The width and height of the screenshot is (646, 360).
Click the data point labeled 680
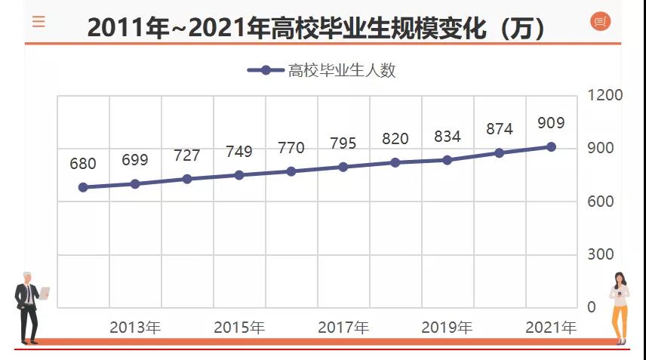coord(83,187)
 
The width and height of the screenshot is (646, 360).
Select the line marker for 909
coord(551,146)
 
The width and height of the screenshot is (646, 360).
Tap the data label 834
coord(448,137)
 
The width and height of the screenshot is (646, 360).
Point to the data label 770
coord(291,148)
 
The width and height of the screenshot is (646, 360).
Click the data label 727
coord(186,155)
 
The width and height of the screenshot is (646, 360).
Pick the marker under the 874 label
coord(499,152)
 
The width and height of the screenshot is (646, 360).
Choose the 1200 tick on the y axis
coord(605,96)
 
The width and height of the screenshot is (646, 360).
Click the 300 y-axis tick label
coord(601,254)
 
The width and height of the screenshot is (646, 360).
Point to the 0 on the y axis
coord(591,307)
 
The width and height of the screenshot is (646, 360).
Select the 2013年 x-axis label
coord(135,328)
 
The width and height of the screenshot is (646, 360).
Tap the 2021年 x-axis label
coord(551,328)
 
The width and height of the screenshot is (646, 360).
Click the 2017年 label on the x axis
coord(343,328)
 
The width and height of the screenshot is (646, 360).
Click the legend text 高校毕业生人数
coord(342,71)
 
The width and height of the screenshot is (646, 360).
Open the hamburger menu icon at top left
coord(38,21)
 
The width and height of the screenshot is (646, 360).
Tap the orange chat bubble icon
coord(600,21)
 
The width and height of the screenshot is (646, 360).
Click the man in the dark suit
coord(29,306)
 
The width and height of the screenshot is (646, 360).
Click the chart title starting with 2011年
coord(317,27)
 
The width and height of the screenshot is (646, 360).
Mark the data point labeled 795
coord(343,167)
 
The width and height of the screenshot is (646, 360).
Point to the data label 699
coord(135,160)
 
